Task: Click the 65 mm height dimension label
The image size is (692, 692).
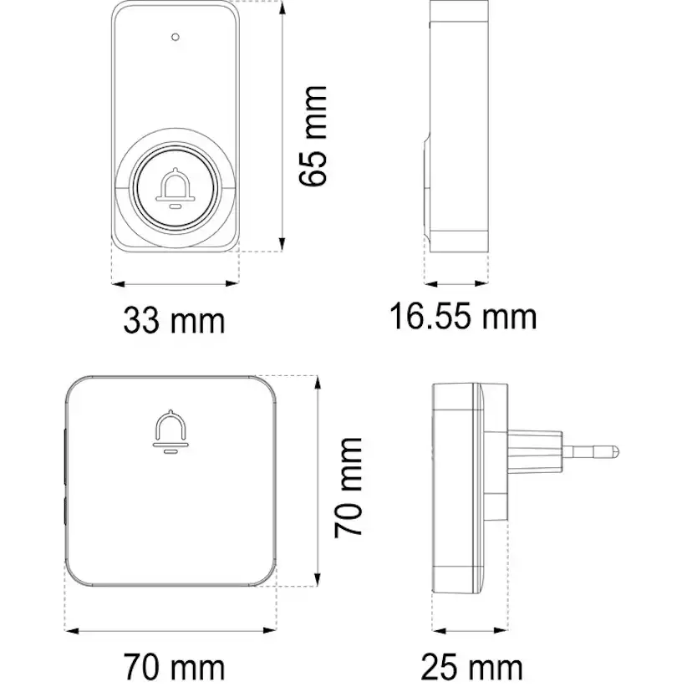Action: (313, 136)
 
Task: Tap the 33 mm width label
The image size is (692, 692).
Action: (174, 320)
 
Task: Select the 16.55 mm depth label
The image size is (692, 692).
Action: (463, 317)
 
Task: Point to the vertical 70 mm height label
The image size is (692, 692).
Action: (349, 487)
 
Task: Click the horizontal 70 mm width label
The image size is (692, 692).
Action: (174, 668)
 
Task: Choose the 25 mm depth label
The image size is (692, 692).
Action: (471, 668)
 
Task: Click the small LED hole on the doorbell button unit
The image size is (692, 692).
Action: (176, 37)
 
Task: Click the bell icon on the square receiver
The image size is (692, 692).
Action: (170, 431)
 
